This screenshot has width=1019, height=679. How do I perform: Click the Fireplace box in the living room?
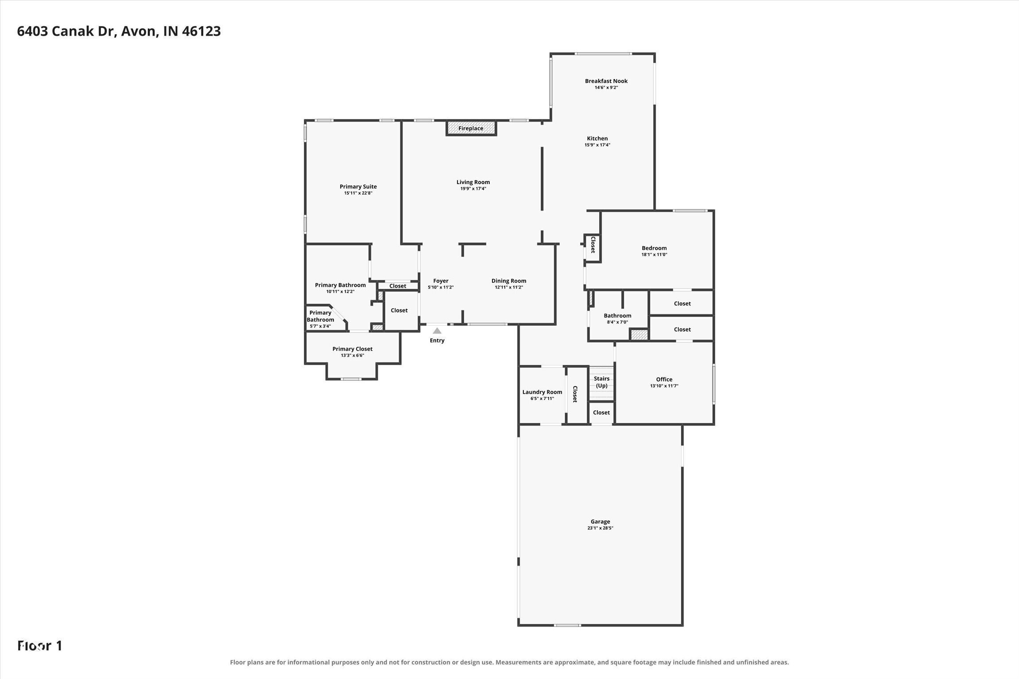[471, 128]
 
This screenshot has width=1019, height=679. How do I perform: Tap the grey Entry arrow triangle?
[437, 331]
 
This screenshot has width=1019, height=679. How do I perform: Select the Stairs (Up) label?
[601, 382]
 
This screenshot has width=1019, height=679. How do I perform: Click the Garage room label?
[600, 521]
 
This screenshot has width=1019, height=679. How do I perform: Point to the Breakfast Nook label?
[606, 81]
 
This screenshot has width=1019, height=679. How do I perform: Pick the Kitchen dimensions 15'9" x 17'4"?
[597, 145]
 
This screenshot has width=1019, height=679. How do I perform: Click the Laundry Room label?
[542, 392]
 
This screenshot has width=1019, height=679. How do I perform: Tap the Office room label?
[664, 379]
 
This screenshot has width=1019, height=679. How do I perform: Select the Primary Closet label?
[353, 349]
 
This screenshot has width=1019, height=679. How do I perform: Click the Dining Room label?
[509, 281]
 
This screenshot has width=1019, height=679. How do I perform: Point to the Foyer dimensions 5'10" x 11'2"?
[441, 287]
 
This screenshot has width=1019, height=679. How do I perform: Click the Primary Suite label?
[358, 187]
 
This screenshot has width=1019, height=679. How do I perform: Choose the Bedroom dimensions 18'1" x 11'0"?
[654, 255]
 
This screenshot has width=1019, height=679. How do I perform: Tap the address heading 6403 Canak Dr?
[67, 31]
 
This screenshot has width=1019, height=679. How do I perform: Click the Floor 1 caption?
[40, 646]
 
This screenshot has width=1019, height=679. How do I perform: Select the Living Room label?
[473, 182]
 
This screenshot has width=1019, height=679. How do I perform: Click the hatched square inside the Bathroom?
[639, 335]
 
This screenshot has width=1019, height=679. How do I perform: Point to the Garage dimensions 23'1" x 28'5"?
[600, 528]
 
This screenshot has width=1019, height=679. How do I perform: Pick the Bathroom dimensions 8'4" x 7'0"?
[617, 322]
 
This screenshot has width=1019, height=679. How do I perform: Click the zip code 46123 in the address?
[201, 31]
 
